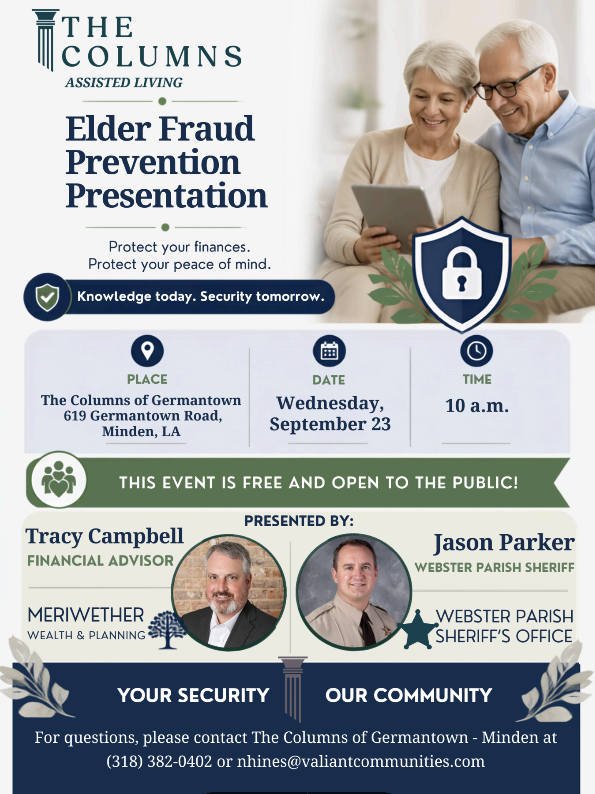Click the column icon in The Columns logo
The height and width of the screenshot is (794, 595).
(45, 40)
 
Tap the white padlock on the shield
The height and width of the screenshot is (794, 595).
(462, 273)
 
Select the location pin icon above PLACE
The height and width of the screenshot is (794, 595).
(147, 351)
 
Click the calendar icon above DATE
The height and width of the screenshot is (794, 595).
(329, 351)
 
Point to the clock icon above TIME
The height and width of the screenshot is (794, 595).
(477, 351)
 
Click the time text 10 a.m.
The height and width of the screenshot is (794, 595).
(477, 405)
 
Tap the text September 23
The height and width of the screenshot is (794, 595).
(330, 424)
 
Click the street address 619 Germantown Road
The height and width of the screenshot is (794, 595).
(142, 416)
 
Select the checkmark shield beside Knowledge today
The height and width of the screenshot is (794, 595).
(47, 297)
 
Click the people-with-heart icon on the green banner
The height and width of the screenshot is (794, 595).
(59, 480)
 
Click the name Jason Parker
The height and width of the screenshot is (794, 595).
(504, 543)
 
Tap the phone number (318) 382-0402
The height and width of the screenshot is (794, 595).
(159, 761)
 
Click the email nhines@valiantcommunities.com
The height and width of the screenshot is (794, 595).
(361, 761)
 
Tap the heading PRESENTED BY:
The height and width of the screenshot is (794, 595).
(299, 521)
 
